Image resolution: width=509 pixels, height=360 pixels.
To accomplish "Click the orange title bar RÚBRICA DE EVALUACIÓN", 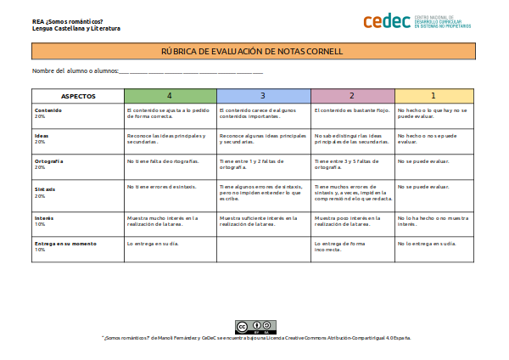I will pos(252,51).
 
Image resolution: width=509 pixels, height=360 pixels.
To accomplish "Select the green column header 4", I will pos(170,96).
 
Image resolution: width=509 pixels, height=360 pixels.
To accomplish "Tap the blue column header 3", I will pos(263,96).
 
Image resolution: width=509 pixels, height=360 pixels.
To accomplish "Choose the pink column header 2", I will pos(352,96).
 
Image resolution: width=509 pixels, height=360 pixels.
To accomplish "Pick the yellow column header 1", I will pos(433,96).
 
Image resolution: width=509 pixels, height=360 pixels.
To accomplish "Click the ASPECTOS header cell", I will pos(78,96).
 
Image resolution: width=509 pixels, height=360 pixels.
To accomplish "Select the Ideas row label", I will pos(42,135).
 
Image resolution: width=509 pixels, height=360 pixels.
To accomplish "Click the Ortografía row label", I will pos(49,160).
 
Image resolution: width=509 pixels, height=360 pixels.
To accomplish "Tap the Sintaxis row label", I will pos(45,188).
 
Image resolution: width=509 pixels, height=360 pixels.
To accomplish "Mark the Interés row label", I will pos(44,218).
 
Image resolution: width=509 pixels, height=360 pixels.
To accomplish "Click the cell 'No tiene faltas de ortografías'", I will pos(164,160).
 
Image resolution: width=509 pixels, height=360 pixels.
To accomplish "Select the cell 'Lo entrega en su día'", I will pos(153,244).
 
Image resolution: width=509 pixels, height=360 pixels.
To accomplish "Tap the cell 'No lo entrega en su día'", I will pos(426,244).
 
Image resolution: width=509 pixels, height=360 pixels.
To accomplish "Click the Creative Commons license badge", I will pos(255,327).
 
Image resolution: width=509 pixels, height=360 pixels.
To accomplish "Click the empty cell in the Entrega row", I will pos(263,248).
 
